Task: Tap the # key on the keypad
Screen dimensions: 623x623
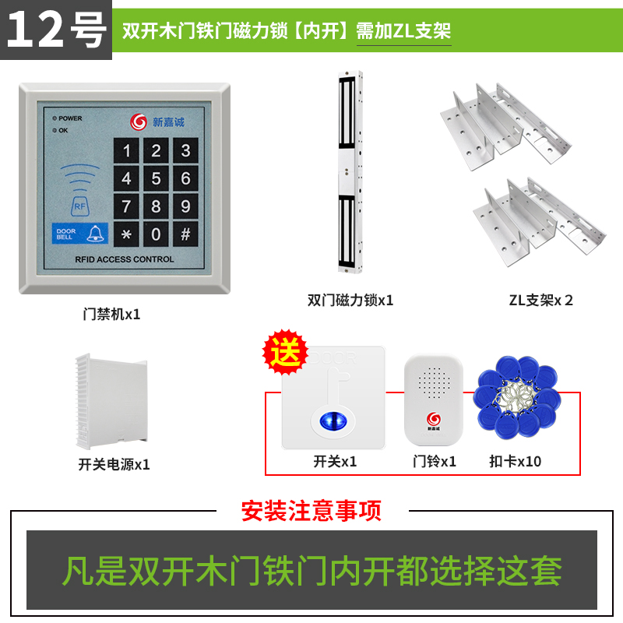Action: pos(185,234)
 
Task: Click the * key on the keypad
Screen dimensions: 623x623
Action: pos(126,234)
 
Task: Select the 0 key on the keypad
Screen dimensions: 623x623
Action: pos(156,234)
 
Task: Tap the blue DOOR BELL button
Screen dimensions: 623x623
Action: pos(80,233)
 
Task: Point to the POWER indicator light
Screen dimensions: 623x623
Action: pos(55,118)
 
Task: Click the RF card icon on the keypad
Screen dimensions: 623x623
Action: pos(80,206)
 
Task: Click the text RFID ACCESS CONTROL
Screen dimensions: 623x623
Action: pos(125,259)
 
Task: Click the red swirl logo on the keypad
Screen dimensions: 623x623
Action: pos(139,121)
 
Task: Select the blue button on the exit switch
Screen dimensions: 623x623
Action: pos(333,421)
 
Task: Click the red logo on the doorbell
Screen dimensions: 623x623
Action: pos(434,419)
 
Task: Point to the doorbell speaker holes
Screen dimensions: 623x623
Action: pos(434,383)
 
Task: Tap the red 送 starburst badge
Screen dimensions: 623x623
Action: pos(285,352)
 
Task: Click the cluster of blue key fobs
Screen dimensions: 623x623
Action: pos(516,396)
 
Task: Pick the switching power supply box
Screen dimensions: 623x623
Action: pos(111,401)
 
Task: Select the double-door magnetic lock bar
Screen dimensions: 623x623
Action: pos(350,172)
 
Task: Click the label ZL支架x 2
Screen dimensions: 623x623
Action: pos(540,301)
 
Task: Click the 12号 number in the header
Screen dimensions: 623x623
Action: pos(56,30)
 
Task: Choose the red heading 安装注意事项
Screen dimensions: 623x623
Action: pos(311,511)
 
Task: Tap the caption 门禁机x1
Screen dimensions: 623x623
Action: pos(111,315)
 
